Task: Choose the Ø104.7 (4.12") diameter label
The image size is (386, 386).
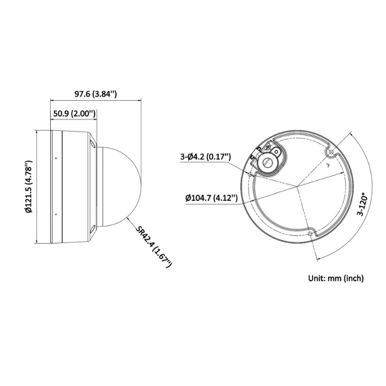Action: (212, 197)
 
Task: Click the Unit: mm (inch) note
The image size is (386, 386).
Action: (336, 278)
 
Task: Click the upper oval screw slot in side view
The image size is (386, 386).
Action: (92, 143)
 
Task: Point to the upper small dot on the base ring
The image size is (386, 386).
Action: (56, 159)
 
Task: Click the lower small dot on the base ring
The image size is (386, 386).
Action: (56, 214)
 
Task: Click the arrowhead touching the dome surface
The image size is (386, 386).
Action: (127, 219)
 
